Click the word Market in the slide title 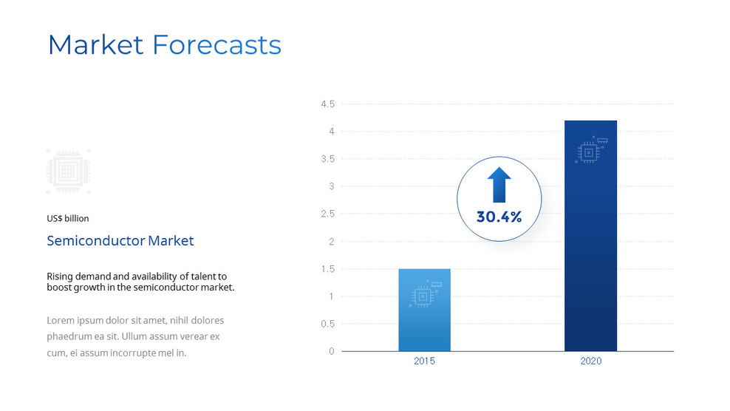pos(95,45)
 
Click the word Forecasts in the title pos(216,45)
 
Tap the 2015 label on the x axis pos(424,361)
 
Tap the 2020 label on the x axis pos(590,361)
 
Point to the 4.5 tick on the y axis pos(327,104)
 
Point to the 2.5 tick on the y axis pos(327,214)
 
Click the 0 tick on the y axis pos(332,351)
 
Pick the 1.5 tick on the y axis pos(327,269)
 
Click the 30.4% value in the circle pos(499,217)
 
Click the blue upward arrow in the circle pos(499,185)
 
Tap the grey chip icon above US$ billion pos(68,171)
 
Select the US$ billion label pos(67,218)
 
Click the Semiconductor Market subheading pos(120,241)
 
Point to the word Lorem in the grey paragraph pos(61,320)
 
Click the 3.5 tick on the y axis pos(327,159)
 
